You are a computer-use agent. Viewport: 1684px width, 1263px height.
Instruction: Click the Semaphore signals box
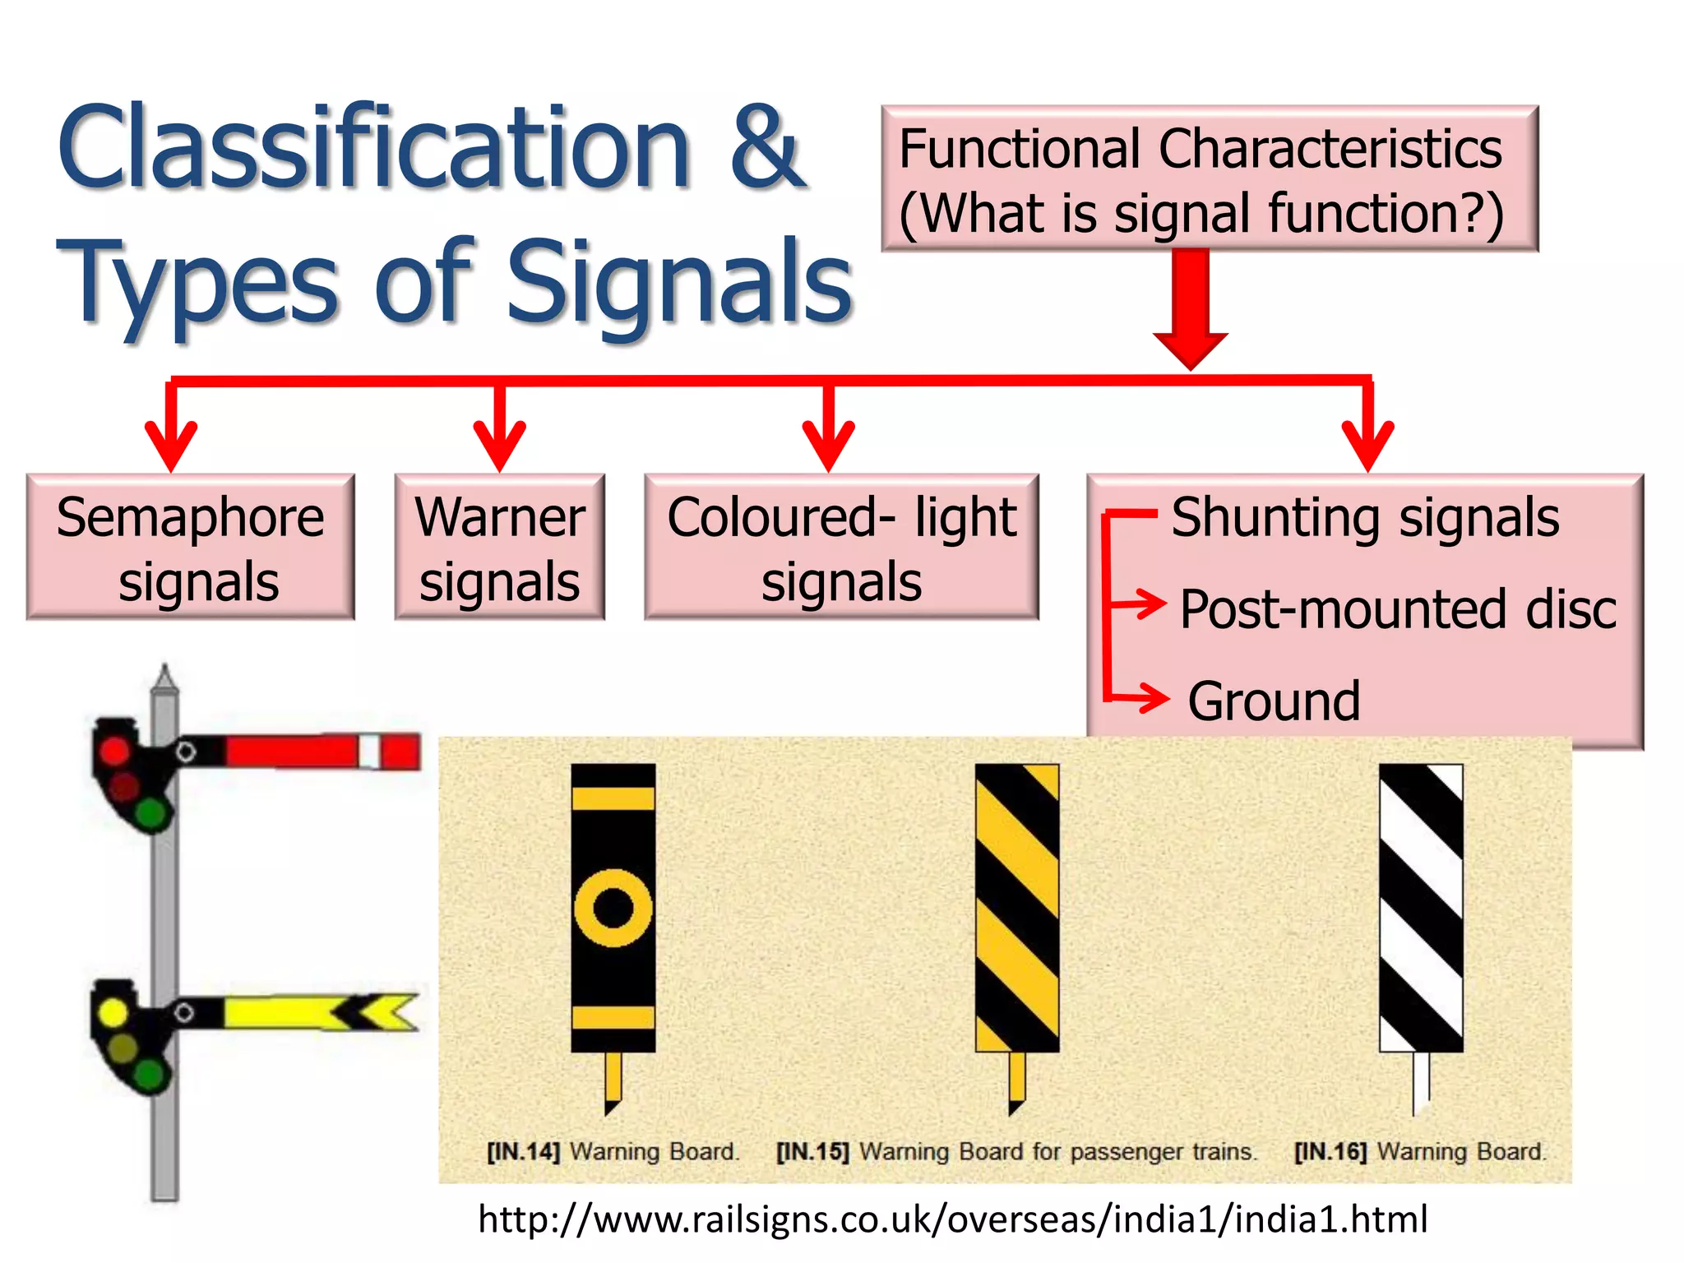[x=190, y=548]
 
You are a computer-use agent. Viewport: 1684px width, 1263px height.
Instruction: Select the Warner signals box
[x=499, y=548]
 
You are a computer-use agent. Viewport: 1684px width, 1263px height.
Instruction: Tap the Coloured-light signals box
[x=841, y=548]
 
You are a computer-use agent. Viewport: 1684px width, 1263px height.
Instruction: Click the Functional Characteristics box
[x=1209, y=178]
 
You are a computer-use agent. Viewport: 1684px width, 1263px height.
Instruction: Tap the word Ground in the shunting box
[x=1273, y=701]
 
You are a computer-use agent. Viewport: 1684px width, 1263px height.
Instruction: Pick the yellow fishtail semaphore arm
[x=321, y=1012]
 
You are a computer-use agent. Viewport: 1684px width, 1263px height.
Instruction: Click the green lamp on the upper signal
[x=150, y=814]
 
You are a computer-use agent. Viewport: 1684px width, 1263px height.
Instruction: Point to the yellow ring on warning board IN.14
[x=613, y=908]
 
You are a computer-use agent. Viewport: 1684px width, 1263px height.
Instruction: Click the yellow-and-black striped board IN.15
[x=1016, y=908]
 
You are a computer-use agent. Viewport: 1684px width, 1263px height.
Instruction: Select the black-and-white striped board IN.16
[x=1420, y=908]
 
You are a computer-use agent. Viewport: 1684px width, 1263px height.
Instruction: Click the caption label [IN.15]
[x=812, y=1151]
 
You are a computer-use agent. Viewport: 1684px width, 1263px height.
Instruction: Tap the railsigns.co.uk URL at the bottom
[x=952, y=1219]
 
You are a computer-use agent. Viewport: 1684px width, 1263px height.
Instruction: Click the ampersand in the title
[x=765, y=148]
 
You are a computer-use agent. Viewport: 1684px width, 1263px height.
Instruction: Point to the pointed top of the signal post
[x=165, y=678]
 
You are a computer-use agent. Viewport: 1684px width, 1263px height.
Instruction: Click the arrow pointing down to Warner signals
[x=499, y=432]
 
